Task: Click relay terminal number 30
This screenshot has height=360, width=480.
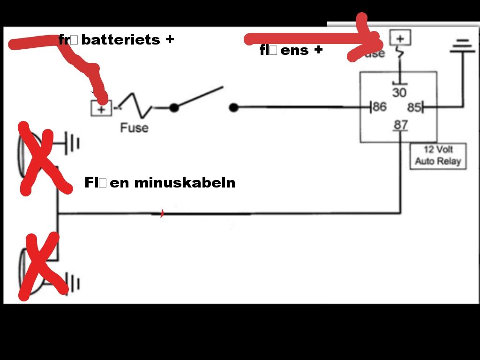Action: click(x=399, y=92)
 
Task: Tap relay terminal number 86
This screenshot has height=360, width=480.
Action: click(x=379, y=107)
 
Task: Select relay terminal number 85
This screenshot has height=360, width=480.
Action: click(x=414, y=107)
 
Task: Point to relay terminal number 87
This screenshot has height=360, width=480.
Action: click(x=400, y=125)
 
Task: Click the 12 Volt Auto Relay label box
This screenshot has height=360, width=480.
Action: click(x=438, y=156)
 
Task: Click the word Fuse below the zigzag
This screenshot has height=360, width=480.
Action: click(x=134, y=127)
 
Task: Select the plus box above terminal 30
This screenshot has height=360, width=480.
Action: click(x=400, y=37)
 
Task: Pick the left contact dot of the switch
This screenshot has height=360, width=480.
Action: click(x=174, y=108)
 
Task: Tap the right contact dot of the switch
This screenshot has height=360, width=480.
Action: click(x=233, y=108)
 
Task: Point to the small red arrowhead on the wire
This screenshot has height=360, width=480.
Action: click(x=162, y=214)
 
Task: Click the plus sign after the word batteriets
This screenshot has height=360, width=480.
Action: click(x=169, y=39)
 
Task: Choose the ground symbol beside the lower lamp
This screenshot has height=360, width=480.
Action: click(x=74, y=284)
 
